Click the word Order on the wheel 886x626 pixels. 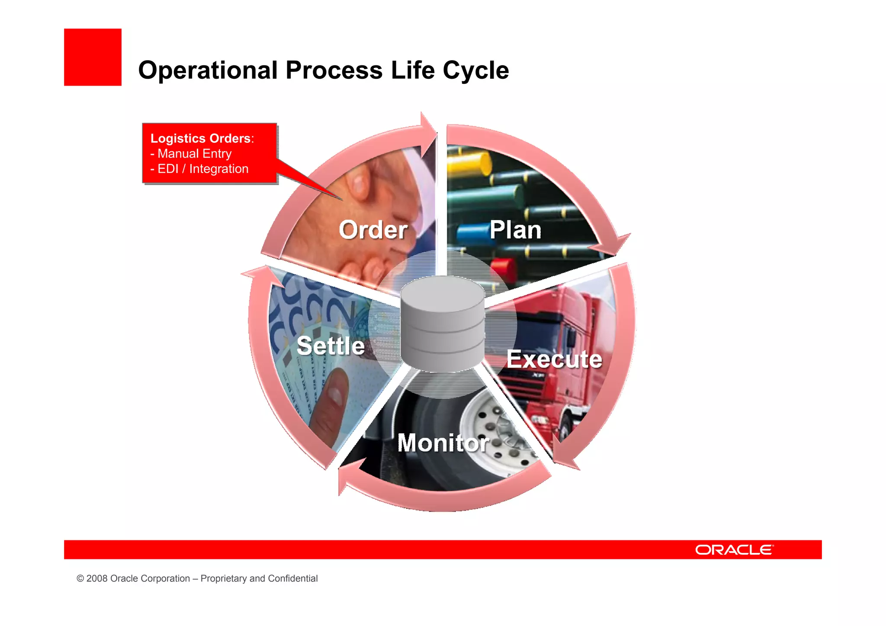coord(373,230)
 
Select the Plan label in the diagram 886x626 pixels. coord(515,230)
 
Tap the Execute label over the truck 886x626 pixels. coord(554,359)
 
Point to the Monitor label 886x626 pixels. coord(443,443)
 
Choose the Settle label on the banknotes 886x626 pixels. coord(331,346)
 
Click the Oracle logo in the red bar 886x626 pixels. coord(734,550)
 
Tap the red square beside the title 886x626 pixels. coord(93,57)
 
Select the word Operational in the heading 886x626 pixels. coord(208,70)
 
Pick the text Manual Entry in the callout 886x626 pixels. coord(194,154)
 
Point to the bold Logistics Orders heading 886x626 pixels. coord(201,138)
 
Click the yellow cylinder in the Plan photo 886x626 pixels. coord(469,164)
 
